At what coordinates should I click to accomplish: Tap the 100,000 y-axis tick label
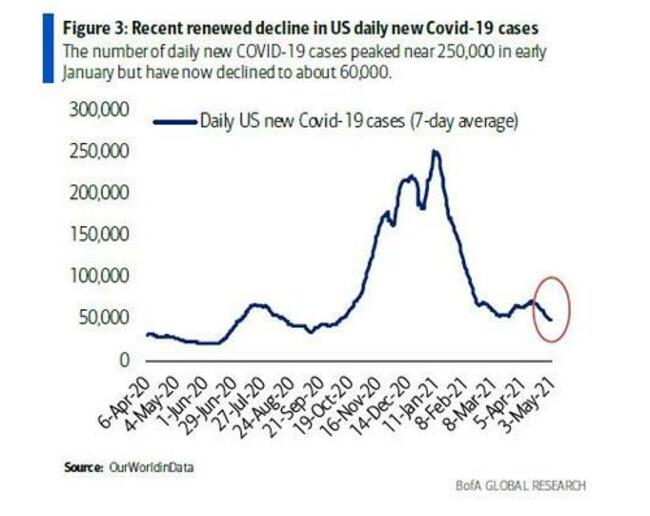tap(103, 275)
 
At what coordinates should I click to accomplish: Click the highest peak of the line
tap(435, 151)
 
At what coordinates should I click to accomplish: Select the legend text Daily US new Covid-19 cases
tap(330, 122)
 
